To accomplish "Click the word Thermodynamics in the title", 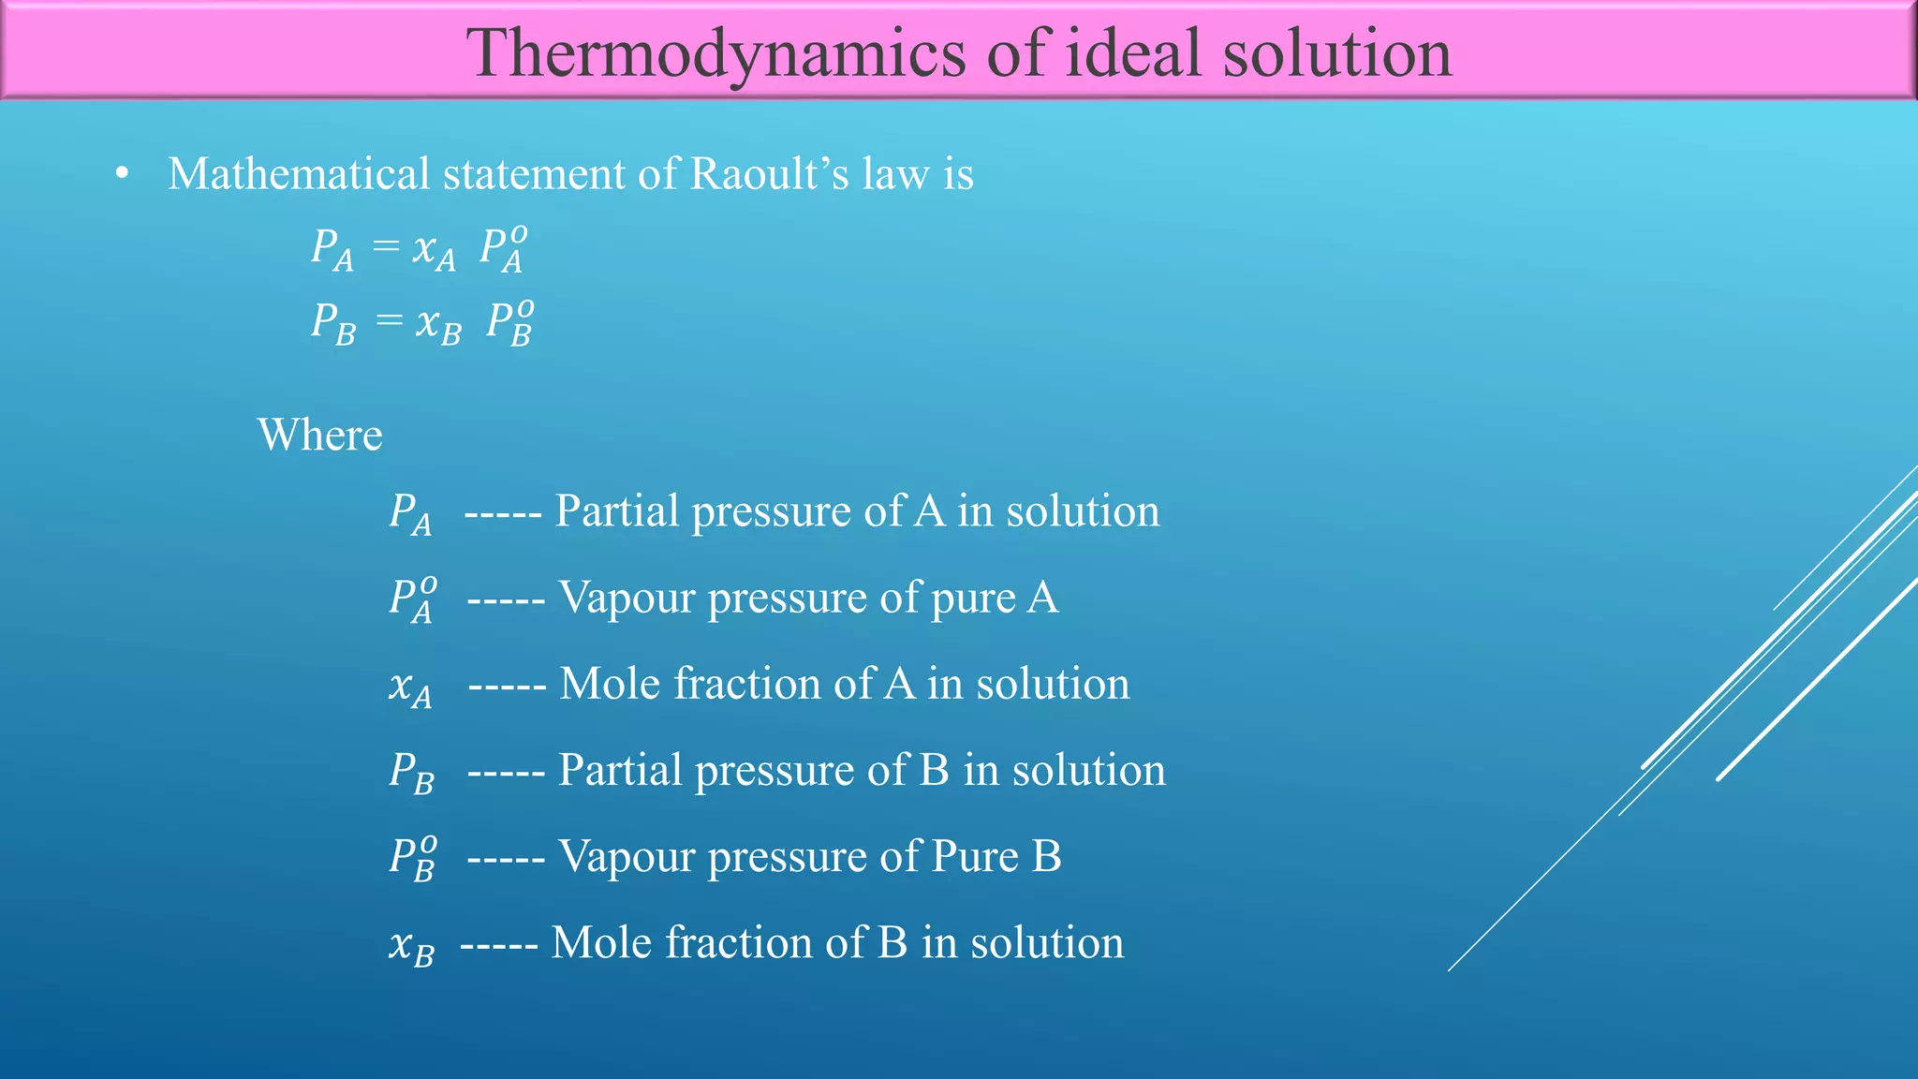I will pyautogui.click(x=716, y=54).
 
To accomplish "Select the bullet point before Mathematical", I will pyautogui.click(x=122, y=175).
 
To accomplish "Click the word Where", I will pyautogui.click(x=319, y=436).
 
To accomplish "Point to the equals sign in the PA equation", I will pyautogui.click(x=386, y=246).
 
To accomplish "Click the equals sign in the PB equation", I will pyautogui.click(x=389, y=322).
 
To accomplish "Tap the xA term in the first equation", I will pyautogui.click(x=434, y=250).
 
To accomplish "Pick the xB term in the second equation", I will pyautogui.click(x=438, y=326).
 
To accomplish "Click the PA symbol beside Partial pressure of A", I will pyautogui.click(x=410, y=514).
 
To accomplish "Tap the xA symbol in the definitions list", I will pyautogui.click(x=410, y=688).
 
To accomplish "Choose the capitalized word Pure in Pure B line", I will pyautogui.click(x=974, y=856).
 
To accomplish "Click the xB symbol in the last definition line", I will pyautogui.click(x=411, y=946).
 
